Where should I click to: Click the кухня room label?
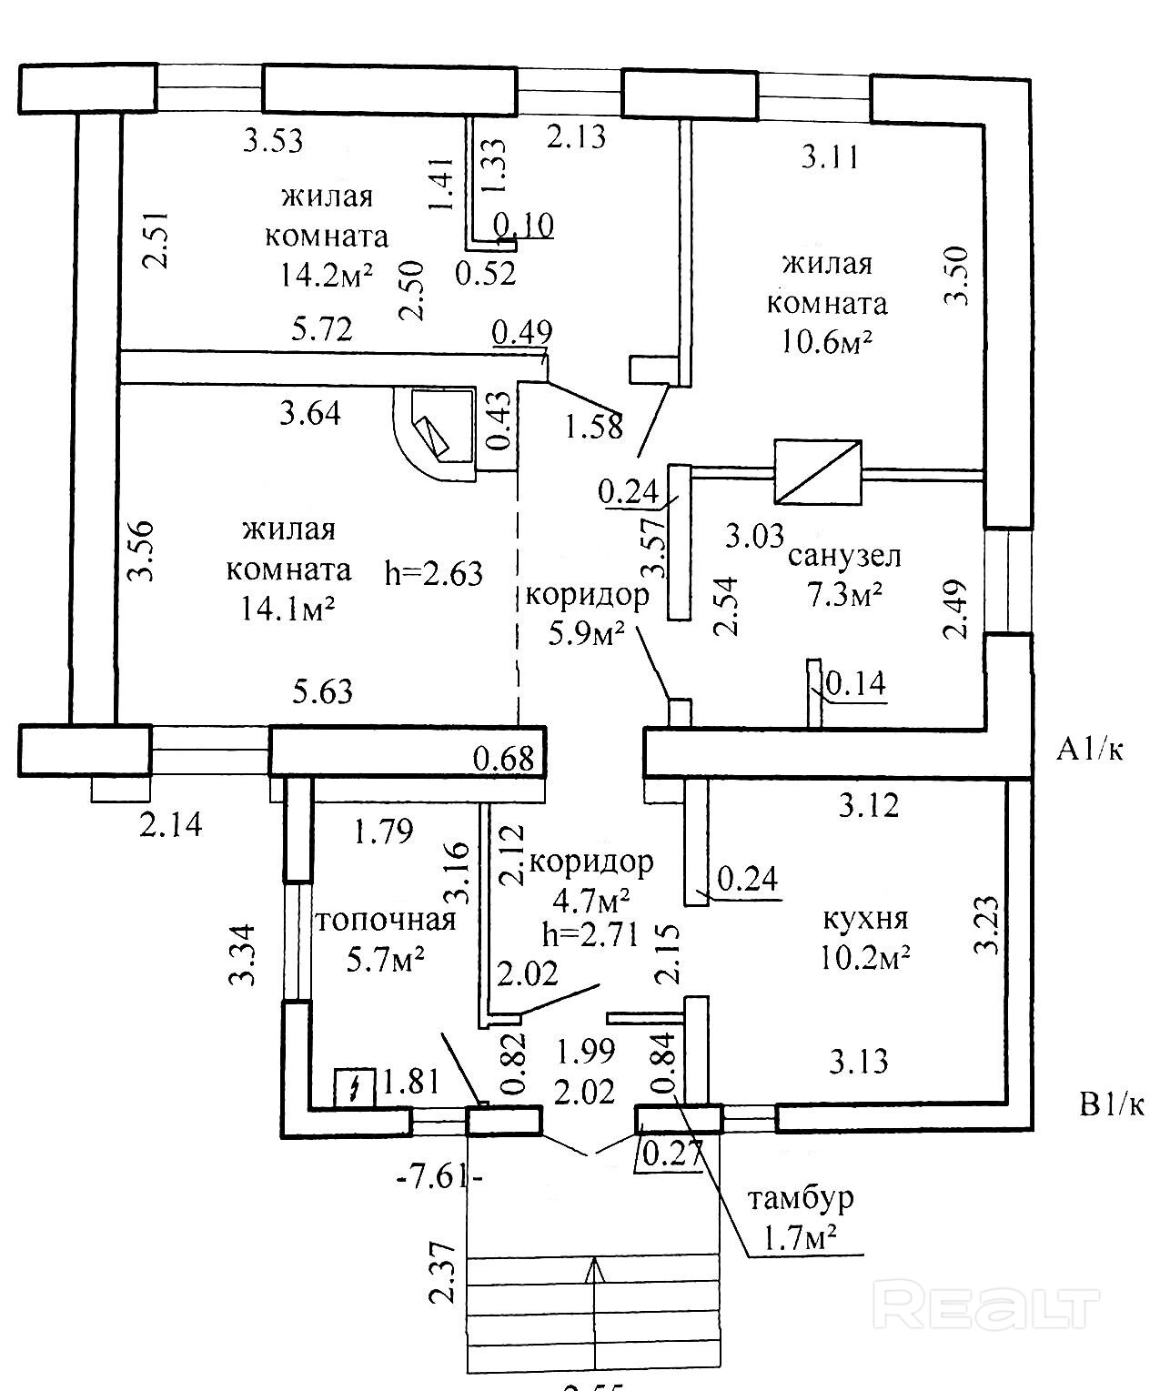tap(864, 918)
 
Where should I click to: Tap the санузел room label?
tap(845, 555)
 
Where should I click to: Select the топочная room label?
tap(385, 920)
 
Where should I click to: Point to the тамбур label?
tap(801, 1197)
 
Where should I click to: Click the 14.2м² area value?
tap(327, 274)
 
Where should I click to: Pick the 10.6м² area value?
tap(826, 340)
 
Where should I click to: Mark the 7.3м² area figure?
tap(844, 594)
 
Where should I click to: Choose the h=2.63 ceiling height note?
tap(434, 573)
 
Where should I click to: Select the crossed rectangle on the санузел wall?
tap(817, 472)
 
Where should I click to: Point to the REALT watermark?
tap(985, 1306)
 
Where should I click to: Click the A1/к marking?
tap(1089, 750)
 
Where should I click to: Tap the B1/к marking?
tap(1109, 1105)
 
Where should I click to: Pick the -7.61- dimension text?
tap(439, 1177)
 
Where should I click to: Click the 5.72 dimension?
tap(323, 328)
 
